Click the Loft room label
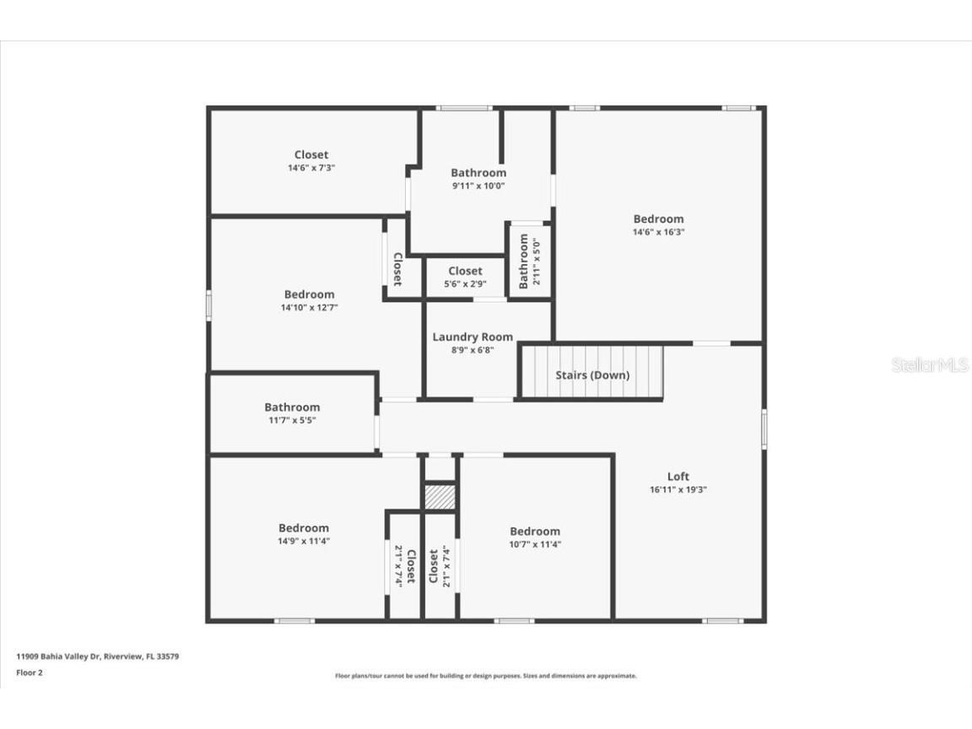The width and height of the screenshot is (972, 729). [678, 477]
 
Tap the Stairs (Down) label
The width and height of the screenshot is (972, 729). [591, 375]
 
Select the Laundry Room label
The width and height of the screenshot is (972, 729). [472, 337]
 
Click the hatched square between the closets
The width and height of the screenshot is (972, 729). [440, 497]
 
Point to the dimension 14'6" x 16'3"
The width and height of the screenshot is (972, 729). [658, 232]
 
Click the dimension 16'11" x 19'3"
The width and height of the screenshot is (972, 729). [678, 489]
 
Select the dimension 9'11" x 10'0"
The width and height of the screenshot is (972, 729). [478, 186]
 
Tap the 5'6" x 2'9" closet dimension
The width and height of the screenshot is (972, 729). [465, 284]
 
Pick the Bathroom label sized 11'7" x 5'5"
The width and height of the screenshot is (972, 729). [292, 408]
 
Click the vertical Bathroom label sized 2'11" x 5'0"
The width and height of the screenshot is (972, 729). [523, 262]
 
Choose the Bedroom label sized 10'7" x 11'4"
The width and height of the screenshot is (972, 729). [534, 532]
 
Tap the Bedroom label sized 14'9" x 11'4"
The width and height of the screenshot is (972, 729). [304, 528]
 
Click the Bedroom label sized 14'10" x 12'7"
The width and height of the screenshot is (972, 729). [309, 294]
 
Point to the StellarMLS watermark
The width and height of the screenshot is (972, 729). [930, 365]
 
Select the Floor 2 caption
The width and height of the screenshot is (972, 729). [29, 672]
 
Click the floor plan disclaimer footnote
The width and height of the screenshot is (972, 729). [485, 676]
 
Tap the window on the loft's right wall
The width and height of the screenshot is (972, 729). [764, 428]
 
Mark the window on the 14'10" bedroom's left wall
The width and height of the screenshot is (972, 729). [208, 305]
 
